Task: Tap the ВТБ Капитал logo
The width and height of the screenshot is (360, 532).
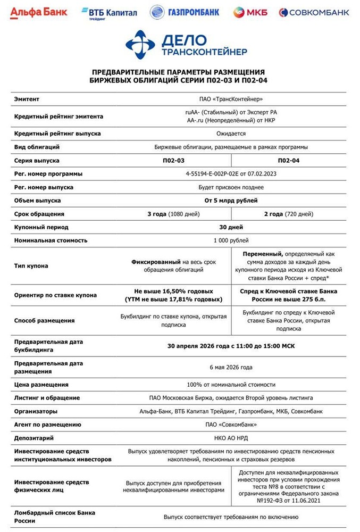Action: click(x=108, y=12)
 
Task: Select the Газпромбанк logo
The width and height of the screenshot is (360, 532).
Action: click(x=184, y=12)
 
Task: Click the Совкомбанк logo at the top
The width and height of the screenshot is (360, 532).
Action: click(x=314, y=12)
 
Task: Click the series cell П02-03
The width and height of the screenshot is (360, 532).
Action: click(x=173, y=160)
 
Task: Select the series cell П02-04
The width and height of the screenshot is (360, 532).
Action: click(x=289, y=160)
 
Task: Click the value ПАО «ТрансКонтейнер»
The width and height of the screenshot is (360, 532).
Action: click(x=230, y=99)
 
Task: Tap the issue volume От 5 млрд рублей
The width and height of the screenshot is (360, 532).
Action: click(x=231, y=201)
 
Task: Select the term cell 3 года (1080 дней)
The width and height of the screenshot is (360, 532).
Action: click(x=173, y=214)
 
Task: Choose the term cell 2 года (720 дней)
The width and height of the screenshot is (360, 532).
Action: click(x=289, y=214)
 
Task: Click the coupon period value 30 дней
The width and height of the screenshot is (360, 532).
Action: click(x=231, y=227)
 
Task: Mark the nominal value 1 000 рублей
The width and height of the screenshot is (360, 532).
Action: click(x=231, y=240)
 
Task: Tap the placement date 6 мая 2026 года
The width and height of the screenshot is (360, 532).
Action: click(x=231, y=367)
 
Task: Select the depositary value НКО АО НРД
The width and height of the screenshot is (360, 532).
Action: click(x=231, y=438)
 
